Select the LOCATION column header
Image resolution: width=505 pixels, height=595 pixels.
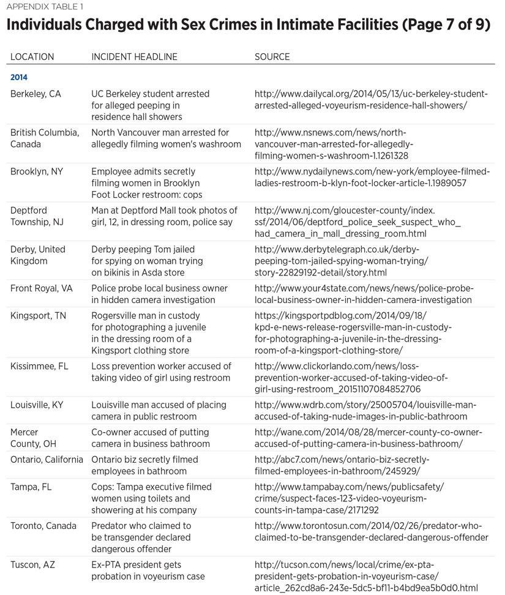pyautogui.click(x=32, y=57)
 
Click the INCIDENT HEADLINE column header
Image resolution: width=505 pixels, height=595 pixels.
pyautogui.click(x=134, y=57)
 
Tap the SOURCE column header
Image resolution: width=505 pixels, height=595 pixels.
pyautogui.click(x=272, y=57)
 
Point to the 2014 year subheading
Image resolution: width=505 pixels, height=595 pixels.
pyautogui.click(x=19, y=78)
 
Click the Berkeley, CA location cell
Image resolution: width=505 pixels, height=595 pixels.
pyautogui.click(x=36, y=94)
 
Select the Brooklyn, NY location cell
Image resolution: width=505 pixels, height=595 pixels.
pyautogui.click(x=37, y=172)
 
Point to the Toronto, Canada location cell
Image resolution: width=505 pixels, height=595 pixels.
pyautogui.click(x=43, y=526)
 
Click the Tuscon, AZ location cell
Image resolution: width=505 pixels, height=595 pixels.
pyautogui.click(x=32, y=565)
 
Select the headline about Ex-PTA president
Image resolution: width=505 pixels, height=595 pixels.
pyautogui.click(x=148, y=571)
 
